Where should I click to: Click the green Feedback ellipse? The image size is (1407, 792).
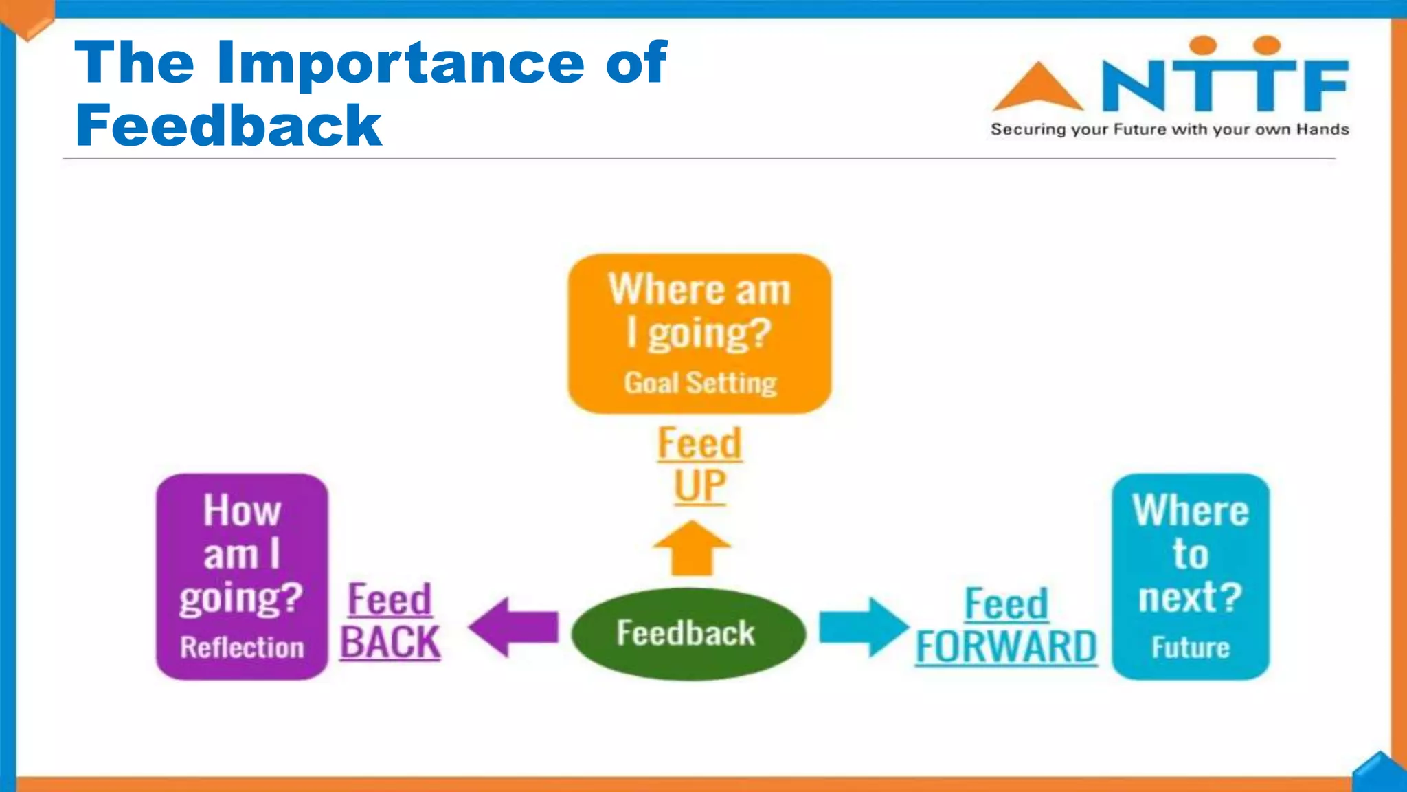688,633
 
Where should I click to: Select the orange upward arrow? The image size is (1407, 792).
692,549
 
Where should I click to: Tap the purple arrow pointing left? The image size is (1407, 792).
514,626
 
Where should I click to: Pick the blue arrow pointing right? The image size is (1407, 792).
864,626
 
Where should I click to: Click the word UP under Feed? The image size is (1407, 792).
699,486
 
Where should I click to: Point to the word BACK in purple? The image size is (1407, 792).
390,643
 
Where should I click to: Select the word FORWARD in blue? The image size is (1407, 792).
1006,647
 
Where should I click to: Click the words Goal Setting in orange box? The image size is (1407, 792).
700,383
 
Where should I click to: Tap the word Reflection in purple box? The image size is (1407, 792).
242,648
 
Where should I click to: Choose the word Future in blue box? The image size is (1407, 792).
1191,648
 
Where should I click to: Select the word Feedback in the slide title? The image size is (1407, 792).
228,126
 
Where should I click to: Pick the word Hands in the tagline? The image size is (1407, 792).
1322,129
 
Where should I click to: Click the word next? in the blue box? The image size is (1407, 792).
1190,597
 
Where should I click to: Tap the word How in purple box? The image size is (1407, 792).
242,511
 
